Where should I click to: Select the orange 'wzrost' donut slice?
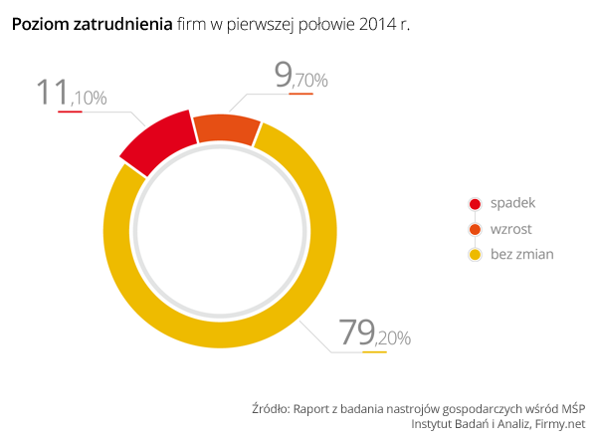coord(226,128)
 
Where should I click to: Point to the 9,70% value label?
coord(299,77)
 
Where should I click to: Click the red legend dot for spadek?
coord(475,203)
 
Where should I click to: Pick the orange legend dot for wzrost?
coord(475,229)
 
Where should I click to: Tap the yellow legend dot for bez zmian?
coord(475,255)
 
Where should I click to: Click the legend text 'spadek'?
coord(513,203)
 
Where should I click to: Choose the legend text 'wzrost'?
coord(511,229)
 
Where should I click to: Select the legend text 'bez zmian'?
coord(522,255)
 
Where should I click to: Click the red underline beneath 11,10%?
coord(70,111)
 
